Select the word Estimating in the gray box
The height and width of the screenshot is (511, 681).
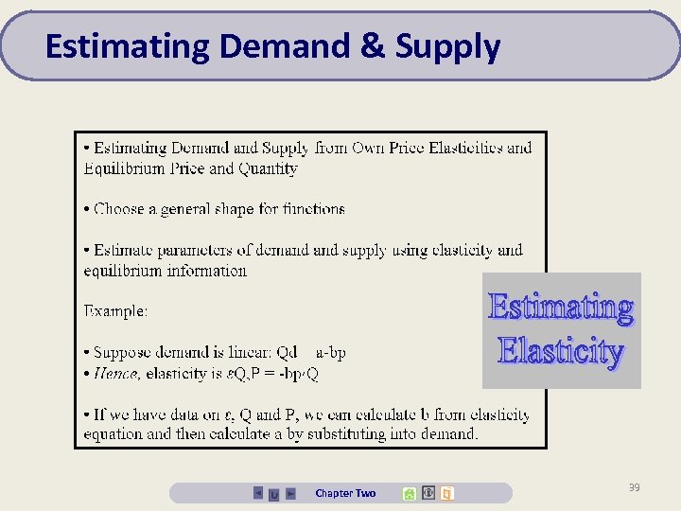point(561,308)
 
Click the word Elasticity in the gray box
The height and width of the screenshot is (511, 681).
point(561,352)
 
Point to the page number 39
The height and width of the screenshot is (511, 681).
point(634,487)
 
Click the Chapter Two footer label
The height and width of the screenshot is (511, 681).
point(345,493)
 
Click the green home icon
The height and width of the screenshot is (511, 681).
point(409,493)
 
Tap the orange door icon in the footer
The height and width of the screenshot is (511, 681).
point(447,493)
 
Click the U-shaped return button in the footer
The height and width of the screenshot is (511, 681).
point(273,494)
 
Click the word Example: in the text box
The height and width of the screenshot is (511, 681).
point(115,310)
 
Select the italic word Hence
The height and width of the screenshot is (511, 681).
point(116,373)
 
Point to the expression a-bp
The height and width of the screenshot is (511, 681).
point(331,352)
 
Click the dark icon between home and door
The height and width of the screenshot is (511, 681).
point(428,493)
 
